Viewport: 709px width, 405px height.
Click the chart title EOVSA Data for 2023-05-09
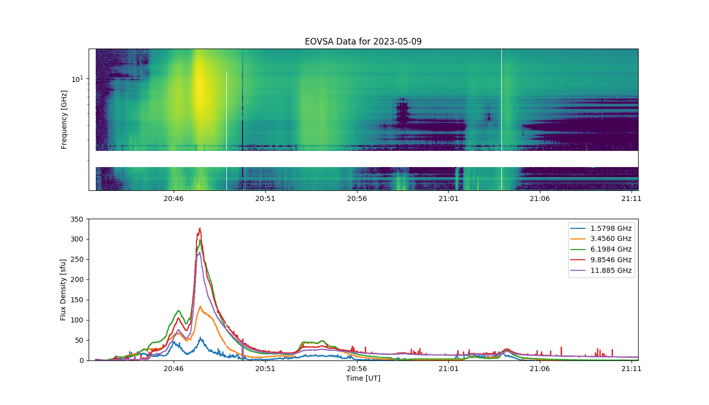[x=363, y=42]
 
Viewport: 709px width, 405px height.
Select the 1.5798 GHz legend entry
[x=601, y=228]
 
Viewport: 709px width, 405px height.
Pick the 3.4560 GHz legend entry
[x=601, y=238]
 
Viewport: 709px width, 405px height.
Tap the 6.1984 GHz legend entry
[x=601, y=249]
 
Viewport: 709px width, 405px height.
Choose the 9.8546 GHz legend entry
[x=601, y=260]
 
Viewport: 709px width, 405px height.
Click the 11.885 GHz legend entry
[x=601, y=270]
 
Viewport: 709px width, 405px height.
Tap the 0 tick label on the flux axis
[x=82, y=360]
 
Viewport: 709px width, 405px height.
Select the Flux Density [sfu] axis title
[x=63, y=290]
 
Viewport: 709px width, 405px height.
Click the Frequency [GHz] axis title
[x=64, y=119]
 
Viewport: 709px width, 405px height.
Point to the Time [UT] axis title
[x=363, y=378]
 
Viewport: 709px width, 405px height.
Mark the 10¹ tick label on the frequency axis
[x=77, y=79]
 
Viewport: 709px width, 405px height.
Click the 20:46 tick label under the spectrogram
[x=173, y=198]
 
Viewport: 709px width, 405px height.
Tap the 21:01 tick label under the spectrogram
[x=448, y=198]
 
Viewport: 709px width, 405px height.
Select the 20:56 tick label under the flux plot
[x=357, y=369]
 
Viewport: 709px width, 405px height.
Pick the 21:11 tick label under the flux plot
[x=631, y=369]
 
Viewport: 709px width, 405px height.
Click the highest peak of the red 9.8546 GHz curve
[x=200, y=228]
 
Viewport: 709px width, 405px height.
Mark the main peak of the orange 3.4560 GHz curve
[x=200, y=306]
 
